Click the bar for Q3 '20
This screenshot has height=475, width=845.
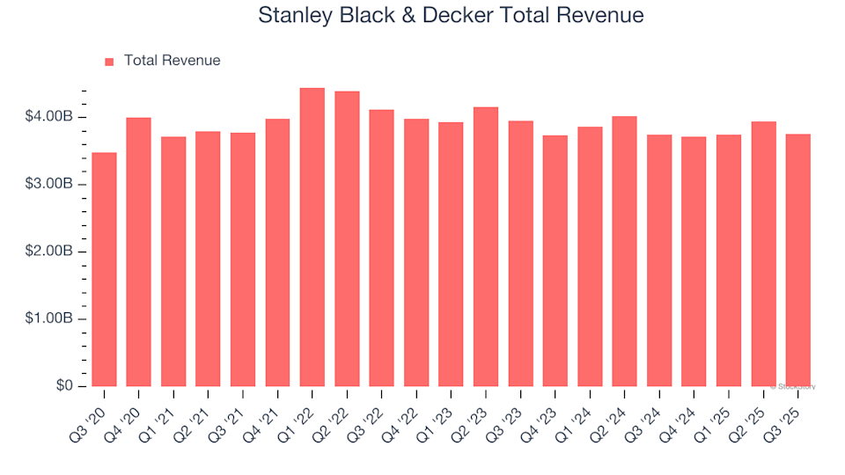(104, 269)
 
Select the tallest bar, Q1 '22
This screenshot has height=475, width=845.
(312, 237)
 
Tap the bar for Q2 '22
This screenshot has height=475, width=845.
(347, 238)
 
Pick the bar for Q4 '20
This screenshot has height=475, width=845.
(138, 252)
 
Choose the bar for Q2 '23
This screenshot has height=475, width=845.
(486, 246)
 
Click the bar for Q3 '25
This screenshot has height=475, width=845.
(798, 259)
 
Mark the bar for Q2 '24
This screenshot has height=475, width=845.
(624, 251)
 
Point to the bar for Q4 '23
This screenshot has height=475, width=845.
(555, 260)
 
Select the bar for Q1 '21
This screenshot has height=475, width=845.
(173, 261)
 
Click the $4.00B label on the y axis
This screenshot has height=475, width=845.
(48, 117)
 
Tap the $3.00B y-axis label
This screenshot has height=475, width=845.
(48, 185)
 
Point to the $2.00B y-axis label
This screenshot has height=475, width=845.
(48, 252)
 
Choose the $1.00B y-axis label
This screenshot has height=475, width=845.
(48, 319)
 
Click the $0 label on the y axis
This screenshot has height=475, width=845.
(64, 386)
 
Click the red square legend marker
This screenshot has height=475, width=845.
(109, 62)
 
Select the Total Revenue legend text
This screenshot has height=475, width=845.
(172, 61)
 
